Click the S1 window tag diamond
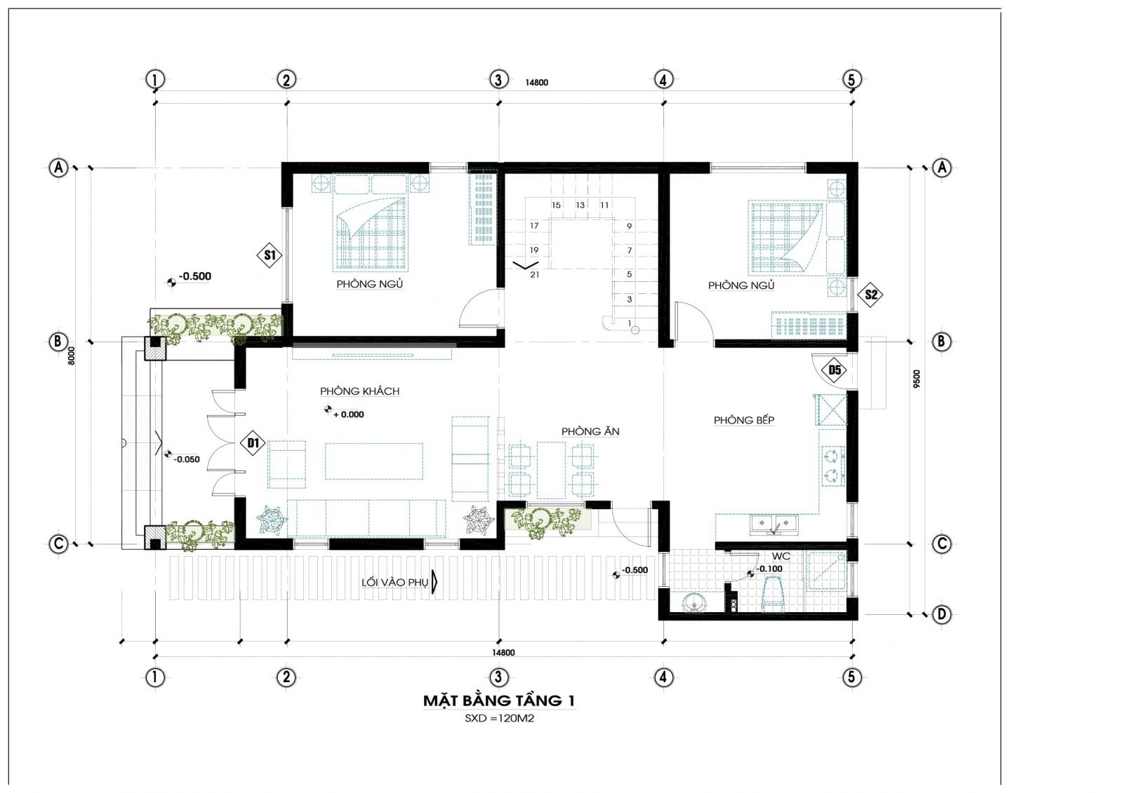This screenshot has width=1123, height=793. click(x=270, y=255)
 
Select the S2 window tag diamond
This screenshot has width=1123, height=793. click(x=871, y=294)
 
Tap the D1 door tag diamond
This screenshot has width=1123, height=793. click(x=253, y=443)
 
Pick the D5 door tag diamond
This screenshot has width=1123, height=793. click(x=835, y=370)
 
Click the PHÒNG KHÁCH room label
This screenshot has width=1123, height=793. click(x=360, y=391)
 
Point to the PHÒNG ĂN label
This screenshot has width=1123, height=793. click(x=590, y=431)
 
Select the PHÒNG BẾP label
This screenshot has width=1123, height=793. click(x=744, y=420)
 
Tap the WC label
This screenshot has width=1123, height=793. click(x=780, y=557)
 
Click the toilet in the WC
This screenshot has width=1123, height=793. click(x=773, y=594)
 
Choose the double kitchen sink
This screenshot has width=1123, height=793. click(x=773, y=524)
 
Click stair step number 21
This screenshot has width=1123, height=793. click(x=534, y=275)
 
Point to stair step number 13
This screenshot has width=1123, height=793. click(x=580, y=205)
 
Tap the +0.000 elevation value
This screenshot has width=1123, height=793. click(x=349, y=415)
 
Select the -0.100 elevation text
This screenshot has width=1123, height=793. click(x=769, y=569)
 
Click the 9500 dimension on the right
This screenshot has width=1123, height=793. click(x=917, y=379)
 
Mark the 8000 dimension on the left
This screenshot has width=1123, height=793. click(x=72, y=355)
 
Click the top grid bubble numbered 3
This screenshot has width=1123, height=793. click(x=498, y=79)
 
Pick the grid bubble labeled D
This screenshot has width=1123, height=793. click(x=941, y=614)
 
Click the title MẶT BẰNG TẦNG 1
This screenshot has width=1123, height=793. click(x=499, y=701)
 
